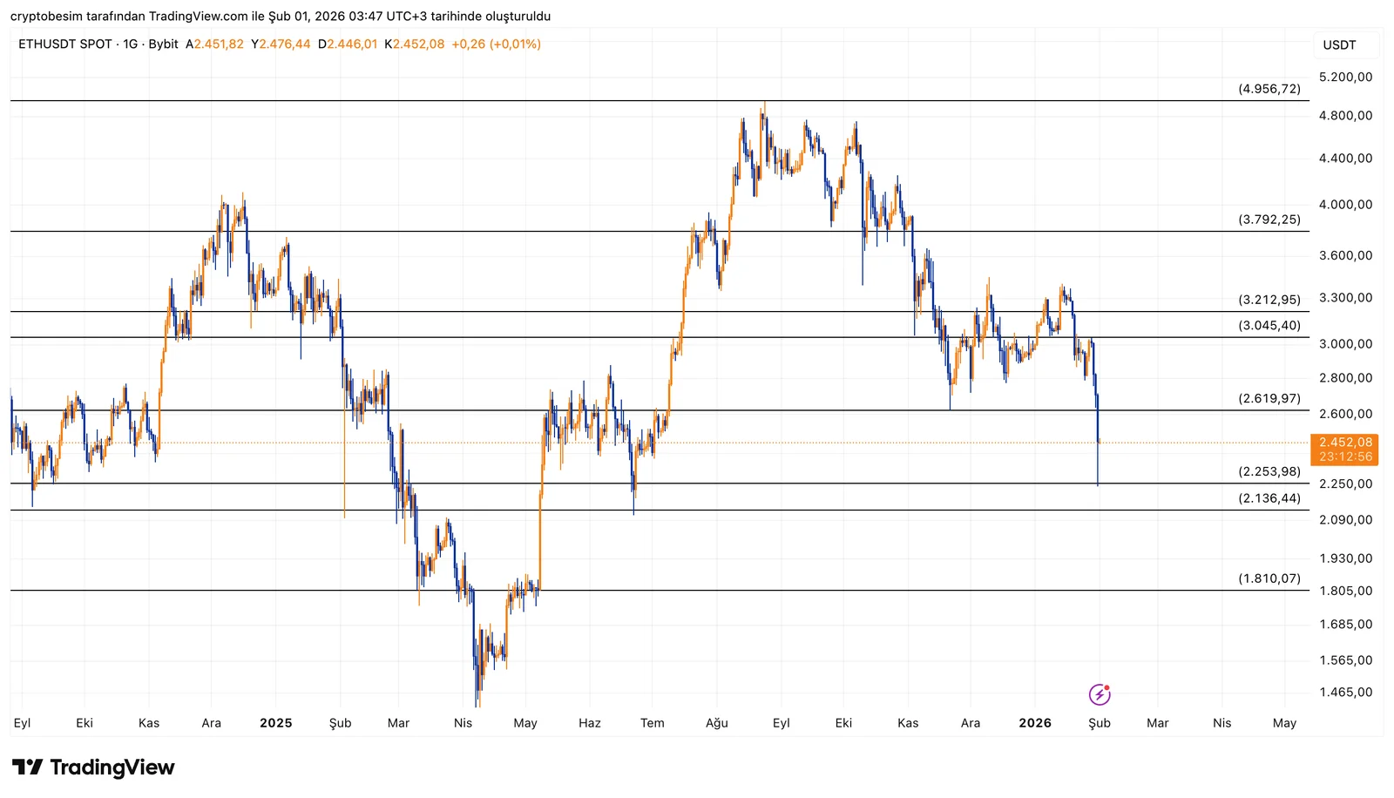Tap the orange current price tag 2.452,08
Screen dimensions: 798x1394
(x=1345, y=443)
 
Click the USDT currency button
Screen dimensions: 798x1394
(x=1339, y=45)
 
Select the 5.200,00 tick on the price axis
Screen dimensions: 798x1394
(x=1345, y=78)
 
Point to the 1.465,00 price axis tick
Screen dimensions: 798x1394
(x=1345, y=693)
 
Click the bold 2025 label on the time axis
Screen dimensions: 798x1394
(x=276, y=723)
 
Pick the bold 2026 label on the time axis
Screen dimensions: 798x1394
(x=1035, y=723)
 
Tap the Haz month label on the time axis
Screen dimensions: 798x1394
(x=590, y=723)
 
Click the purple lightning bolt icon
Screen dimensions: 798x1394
(x=1100, y=694)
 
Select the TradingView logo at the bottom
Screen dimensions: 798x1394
(x=93, y=768)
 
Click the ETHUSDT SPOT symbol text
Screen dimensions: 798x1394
(x=65, y=44)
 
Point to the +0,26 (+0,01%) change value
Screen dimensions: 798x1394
(x=496, y=44)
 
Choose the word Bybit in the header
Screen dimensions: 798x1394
(x=164, y=44)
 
